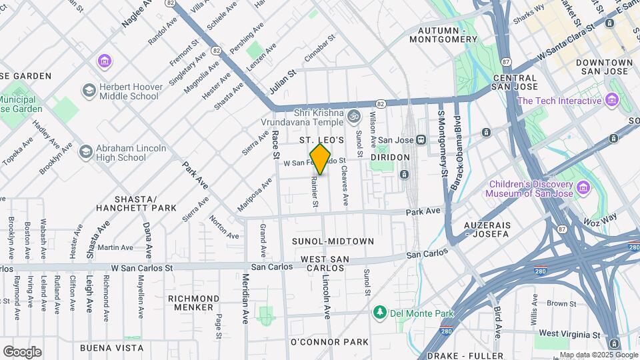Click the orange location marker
321,159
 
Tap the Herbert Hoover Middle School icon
88,90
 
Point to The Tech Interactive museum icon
612,101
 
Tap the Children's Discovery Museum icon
585,189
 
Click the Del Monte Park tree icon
380,313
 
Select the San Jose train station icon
421,140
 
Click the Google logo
22,352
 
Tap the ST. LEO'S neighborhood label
321,140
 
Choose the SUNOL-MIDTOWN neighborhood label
333,241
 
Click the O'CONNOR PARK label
329,342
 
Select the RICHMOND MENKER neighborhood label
193,303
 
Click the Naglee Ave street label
137,14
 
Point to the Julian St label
282,83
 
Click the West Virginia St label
569,333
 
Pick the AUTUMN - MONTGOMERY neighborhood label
448,35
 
